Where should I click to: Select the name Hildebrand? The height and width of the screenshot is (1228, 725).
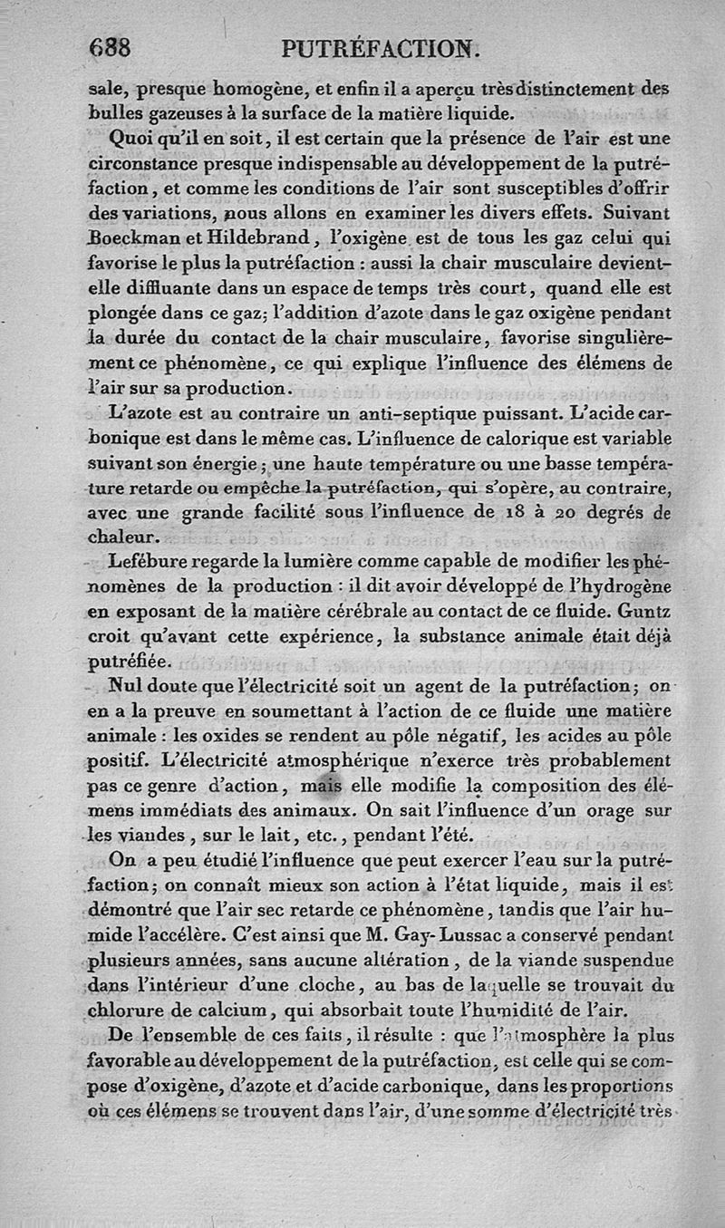(263, 241)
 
